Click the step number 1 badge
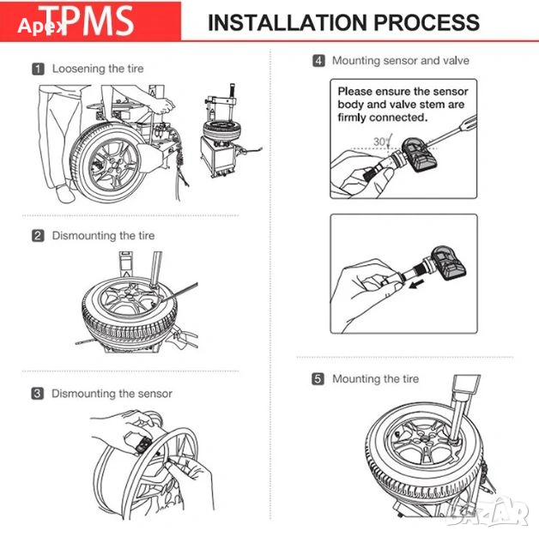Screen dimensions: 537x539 [x=39, y=68]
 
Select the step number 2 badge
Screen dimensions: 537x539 [x=39, y=235]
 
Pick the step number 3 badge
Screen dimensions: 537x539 [x=39, y=394]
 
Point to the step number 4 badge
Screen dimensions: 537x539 [x=318, y=61]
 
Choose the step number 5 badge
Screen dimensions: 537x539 [x=318, y=378]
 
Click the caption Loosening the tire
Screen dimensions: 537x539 [x=98, y=68]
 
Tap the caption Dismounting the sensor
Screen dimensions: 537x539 [x=112, y=394]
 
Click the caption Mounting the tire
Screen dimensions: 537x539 [x=375, y=378]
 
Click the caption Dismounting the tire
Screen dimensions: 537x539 [x=103, y=235]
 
